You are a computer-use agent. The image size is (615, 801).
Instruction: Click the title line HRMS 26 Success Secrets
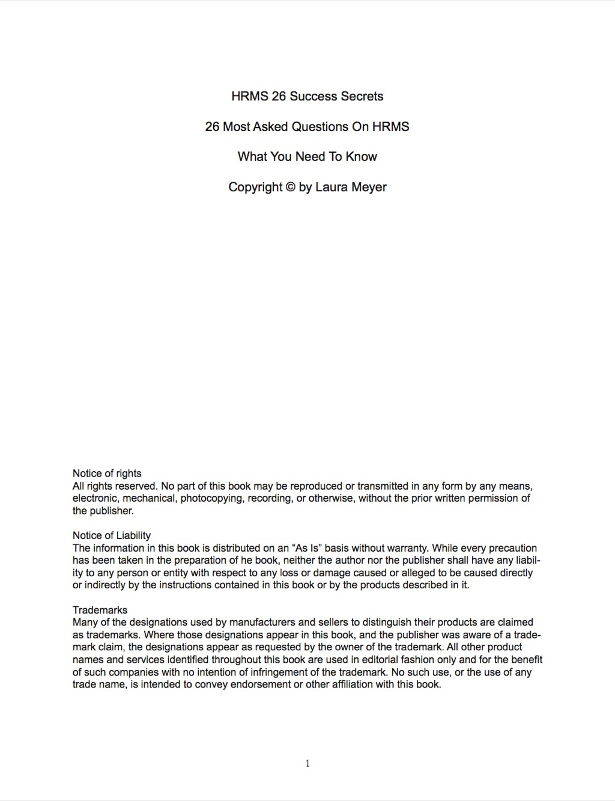tap(307, 96)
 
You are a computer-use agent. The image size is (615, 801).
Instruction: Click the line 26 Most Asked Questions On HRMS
tap(307, 127)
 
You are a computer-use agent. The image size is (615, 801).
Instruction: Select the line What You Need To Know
tap(307, 157)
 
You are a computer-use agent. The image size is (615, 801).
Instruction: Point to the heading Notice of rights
tap(107, 474)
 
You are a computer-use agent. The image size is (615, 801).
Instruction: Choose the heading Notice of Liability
tap(112, 535)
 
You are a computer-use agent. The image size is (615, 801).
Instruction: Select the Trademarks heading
tap(100, 610)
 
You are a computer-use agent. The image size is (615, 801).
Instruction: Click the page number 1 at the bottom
tap(307, 764)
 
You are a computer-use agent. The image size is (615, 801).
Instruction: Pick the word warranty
tap(404, 548)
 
